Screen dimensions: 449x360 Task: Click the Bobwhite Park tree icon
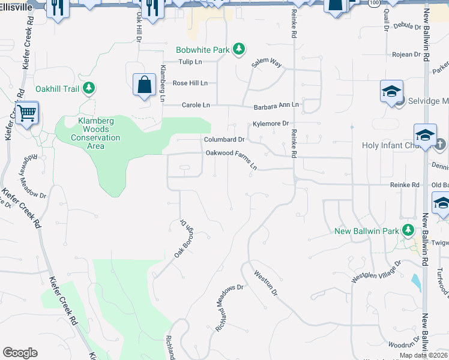coord(239,49)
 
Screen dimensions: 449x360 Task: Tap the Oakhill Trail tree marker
coord(89,89)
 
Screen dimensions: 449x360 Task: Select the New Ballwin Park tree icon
coord(408,230)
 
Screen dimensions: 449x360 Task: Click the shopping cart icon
coord(26,112)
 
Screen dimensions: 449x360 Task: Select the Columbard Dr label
coord(224,139)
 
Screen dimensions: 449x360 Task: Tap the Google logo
coord(20,353)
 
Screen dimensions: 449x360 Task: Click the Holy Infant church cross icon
coord(439,144)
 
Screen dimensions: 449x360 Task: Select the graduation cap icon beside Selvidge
coord(391,92)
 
